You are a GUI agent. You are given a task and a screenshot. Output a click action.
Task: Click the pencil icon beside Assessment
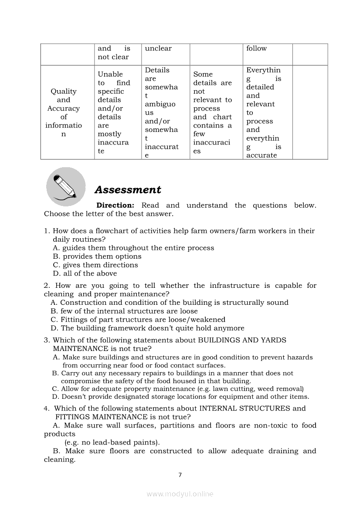(x=66, y=187)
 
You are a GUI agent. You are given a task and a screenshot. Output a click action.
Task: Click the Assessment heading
(x=128, y=190)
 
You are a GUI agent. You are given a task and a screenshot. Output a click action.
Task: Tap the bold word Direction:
(x=115, y=206)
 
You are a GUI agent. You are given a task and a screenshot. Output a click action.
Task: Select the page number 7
(x=180, y=475)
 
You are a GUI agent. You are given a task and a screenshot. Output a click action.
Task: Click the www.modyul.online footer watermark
(x=180, y=494)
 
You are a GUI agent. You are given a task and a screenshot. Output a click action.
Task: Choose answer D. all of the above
(x=85, y=273)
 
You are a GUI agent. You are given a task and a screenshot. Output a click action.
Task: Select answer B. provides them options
(x=97, y=256)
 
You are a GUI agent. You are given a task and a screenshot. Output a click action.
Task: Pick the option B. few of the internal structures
(x=124, y=311)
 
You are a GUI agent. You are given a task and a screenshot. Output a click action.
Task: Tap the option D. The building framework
(x=147, y=328)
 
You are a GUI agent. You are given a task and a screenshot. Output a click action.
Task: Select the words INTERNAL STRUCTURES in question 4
(x=245, y=408)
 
